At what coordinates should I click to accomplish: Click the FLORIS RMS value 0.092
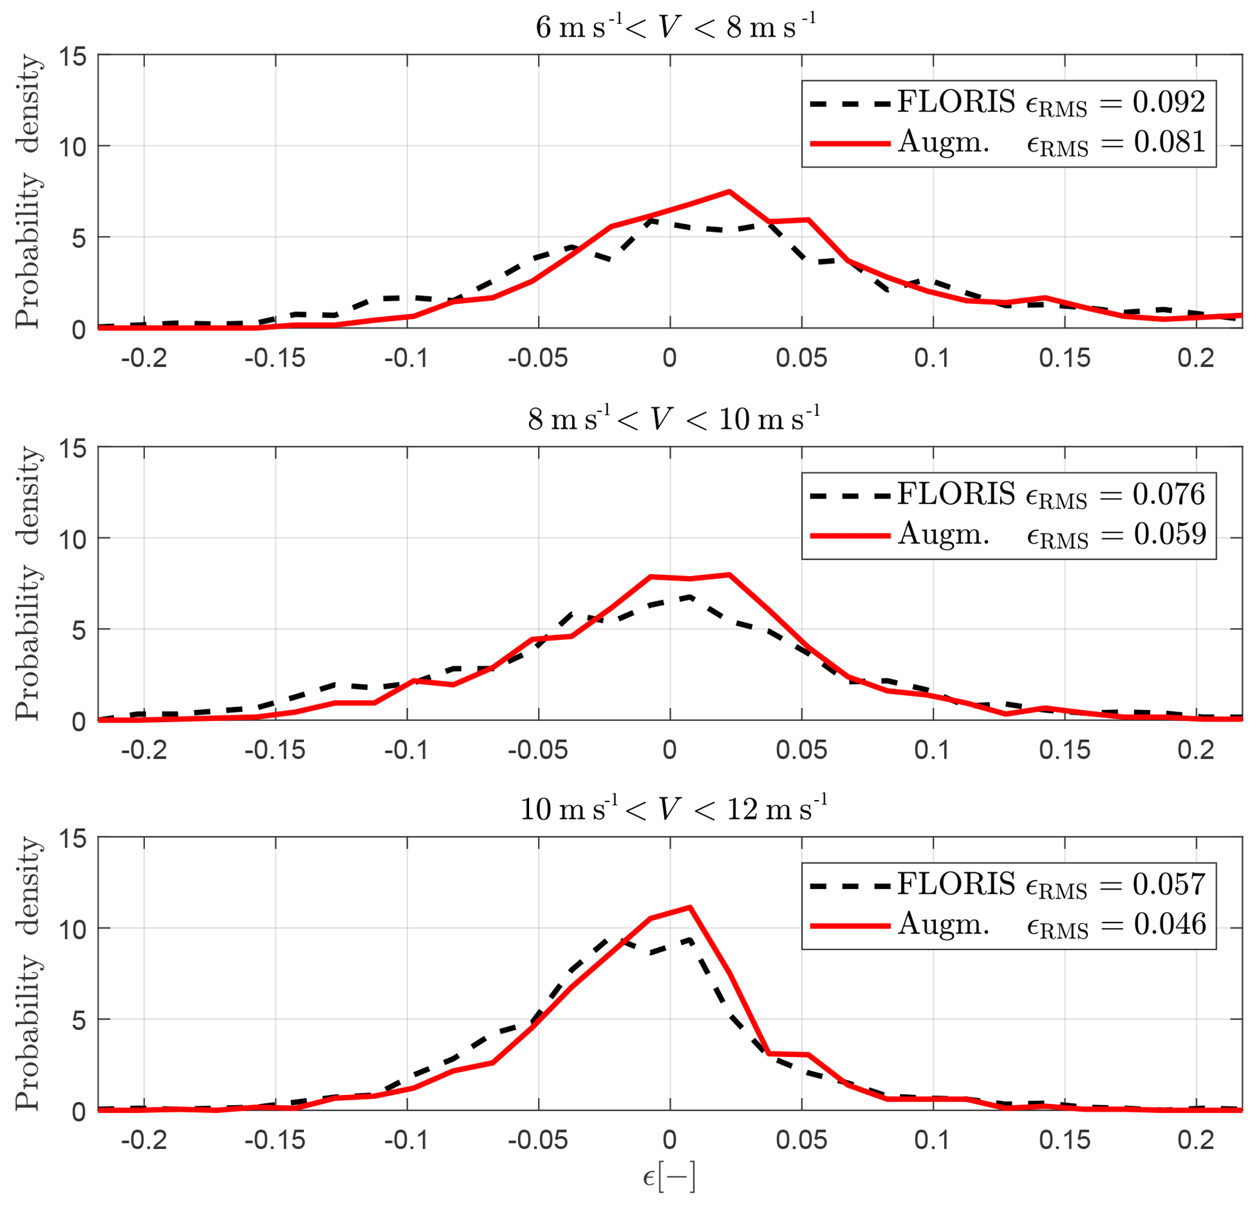1168,102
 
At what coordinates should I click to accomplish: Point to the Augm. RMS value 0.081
1169,142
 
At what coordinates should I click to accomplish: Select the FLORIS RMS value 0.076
1168,494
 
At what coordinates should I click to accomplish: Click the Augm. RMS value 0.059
1169,534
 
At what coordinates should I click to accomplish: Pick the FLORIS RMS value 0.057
1168,885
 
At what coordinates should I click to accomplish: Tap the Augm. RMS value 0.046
1169,924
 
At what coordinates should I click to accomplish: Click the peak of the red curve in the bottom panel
690,908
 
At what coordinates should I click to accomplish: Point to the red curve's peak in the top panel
729,191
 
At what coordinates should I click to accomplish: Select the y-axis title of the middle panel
28,583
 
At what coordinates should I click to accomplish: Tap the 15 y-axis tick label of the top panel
72,57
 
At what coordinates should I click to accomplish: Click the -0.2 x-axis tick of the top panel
144,358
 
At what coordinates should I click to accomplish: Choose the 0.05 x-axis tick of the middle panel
801,750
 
